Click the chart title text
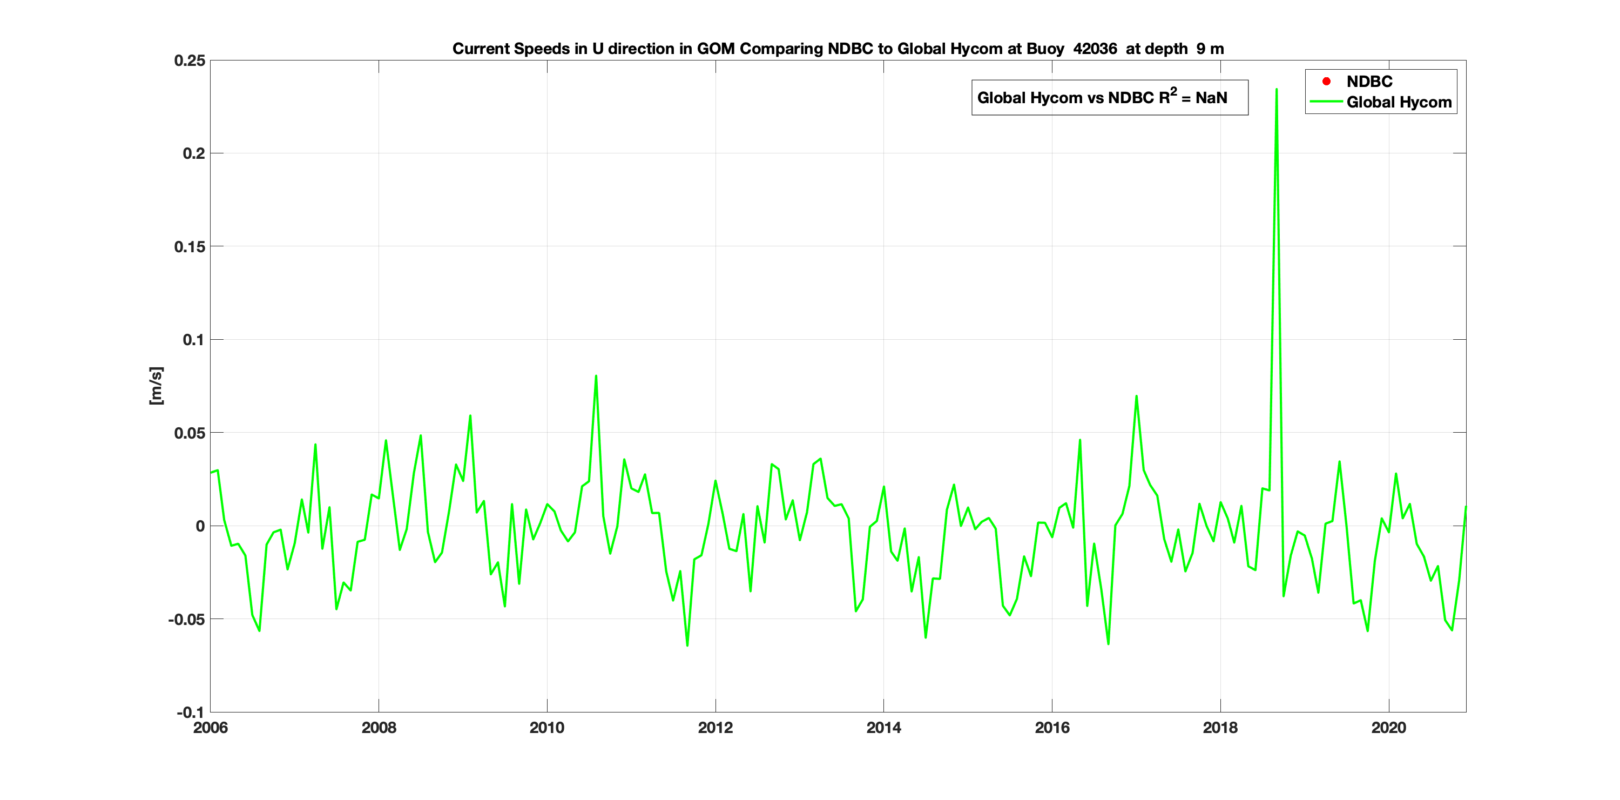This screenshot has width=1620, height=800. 838,49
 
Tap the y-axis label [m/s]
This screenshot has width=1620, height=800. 156,386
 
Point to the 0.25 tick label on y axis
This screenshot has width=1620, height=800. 190,61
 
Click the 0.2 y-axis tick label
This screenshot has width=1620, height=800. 194,153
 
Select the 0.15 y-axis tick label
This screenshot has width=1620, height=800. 190,246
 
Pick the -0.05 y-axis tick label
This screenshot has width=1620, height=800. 186,620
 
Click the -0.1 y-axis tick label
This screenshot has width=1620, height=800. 190,712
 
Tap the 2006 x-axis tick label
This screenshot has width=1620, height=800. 210,728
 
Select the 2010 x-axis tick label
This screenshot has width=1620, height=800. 546,728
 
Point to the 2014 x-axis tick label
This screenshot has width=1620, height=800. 883,728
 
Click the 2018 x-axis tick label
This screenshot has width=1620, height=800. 1220,728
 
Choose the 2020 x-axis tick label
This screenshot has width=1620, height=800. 1388,728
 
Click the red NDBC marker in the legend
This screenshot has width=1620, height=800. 1326,81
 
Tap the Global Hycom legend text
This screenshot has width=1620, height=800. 1399,103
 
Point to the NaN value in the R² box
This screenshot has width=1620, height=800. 1211,98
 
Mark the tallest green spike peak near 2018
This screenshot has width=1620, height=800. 1276,89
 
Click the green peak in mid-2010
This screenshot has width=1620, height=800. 596,376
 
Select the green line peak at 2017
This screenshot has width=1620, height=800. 1136,396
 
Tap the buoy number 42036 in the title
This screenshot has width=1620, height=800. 1095,49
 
